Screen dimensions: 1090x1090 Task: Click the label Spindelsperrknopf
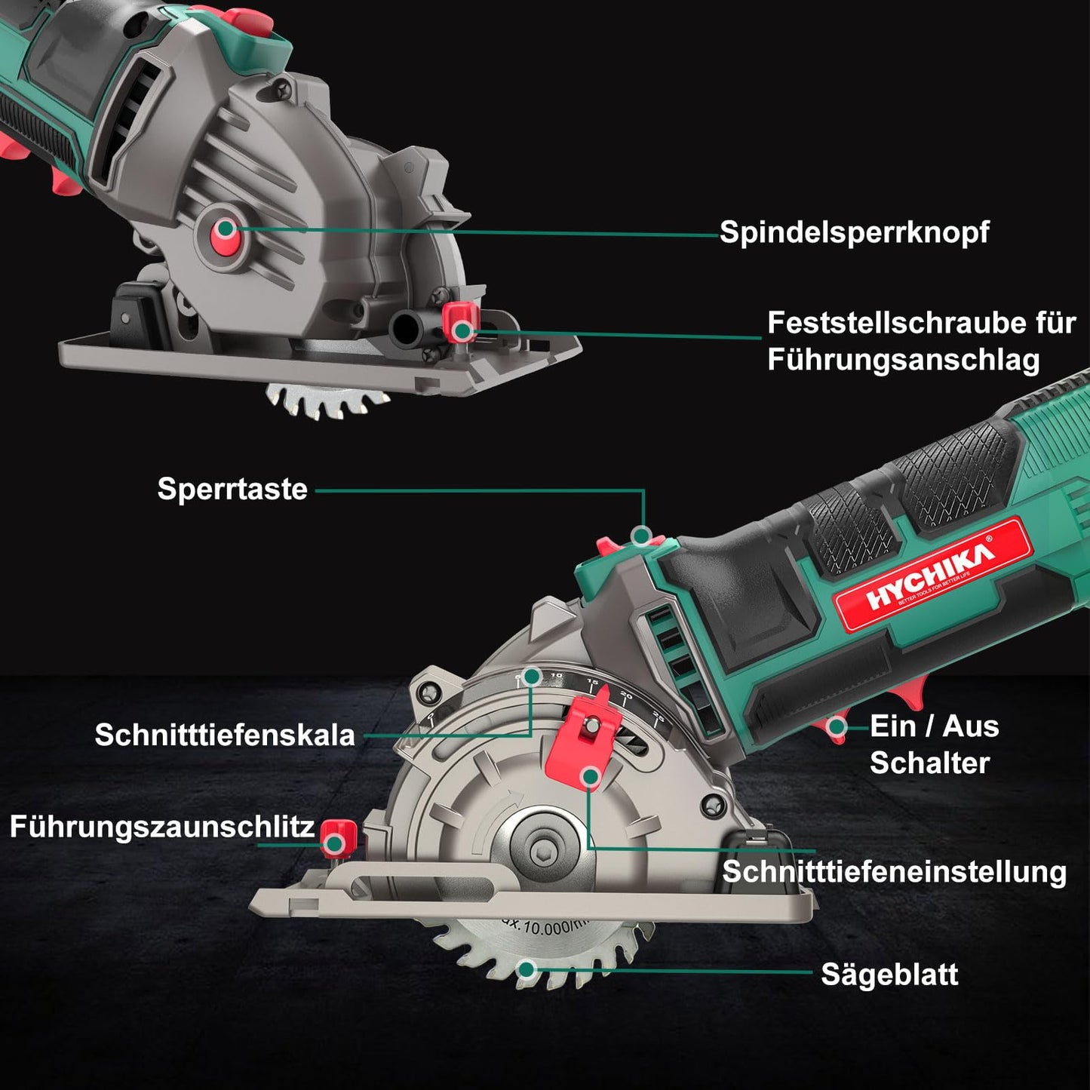pos(854,232)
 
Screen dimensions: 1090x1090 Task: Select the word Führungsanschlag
pos(903,360)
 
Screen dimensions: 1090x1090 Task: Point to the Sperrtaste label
pos(232,489)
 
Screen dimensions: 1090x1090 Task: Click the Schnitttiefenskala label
pos(224,735)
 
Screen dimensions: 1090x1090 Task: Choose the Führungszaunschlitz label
pos(161,827)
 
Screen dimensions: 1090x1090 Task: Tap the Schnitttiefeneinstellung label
pos(894,872)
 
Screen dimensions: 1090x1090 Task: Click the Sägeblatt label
pos(889,975)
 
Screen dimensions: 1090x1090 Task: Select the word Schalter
pos(929,763)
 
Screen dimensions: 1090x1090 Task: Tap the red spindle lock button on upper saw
pos(225,229)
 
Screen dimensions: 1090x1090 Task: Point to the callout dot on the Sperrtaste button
pos(641,536)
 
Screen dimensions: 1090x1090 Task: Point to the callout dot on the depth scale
pos(532,676)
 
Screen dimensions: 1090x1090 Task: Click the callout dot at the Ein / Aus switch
pos(836,727)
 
